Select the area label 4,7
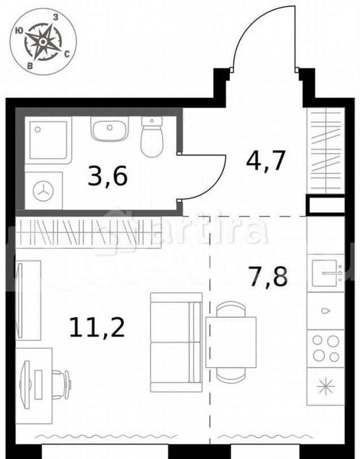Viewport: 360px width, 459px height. coord(265,162)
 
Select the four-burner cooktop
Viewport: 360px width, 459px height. coord(325,347)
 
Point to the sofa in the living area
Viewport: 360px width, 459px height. coord(175,336)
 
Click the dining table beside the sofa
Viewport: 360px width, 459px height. coord(228,339)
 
